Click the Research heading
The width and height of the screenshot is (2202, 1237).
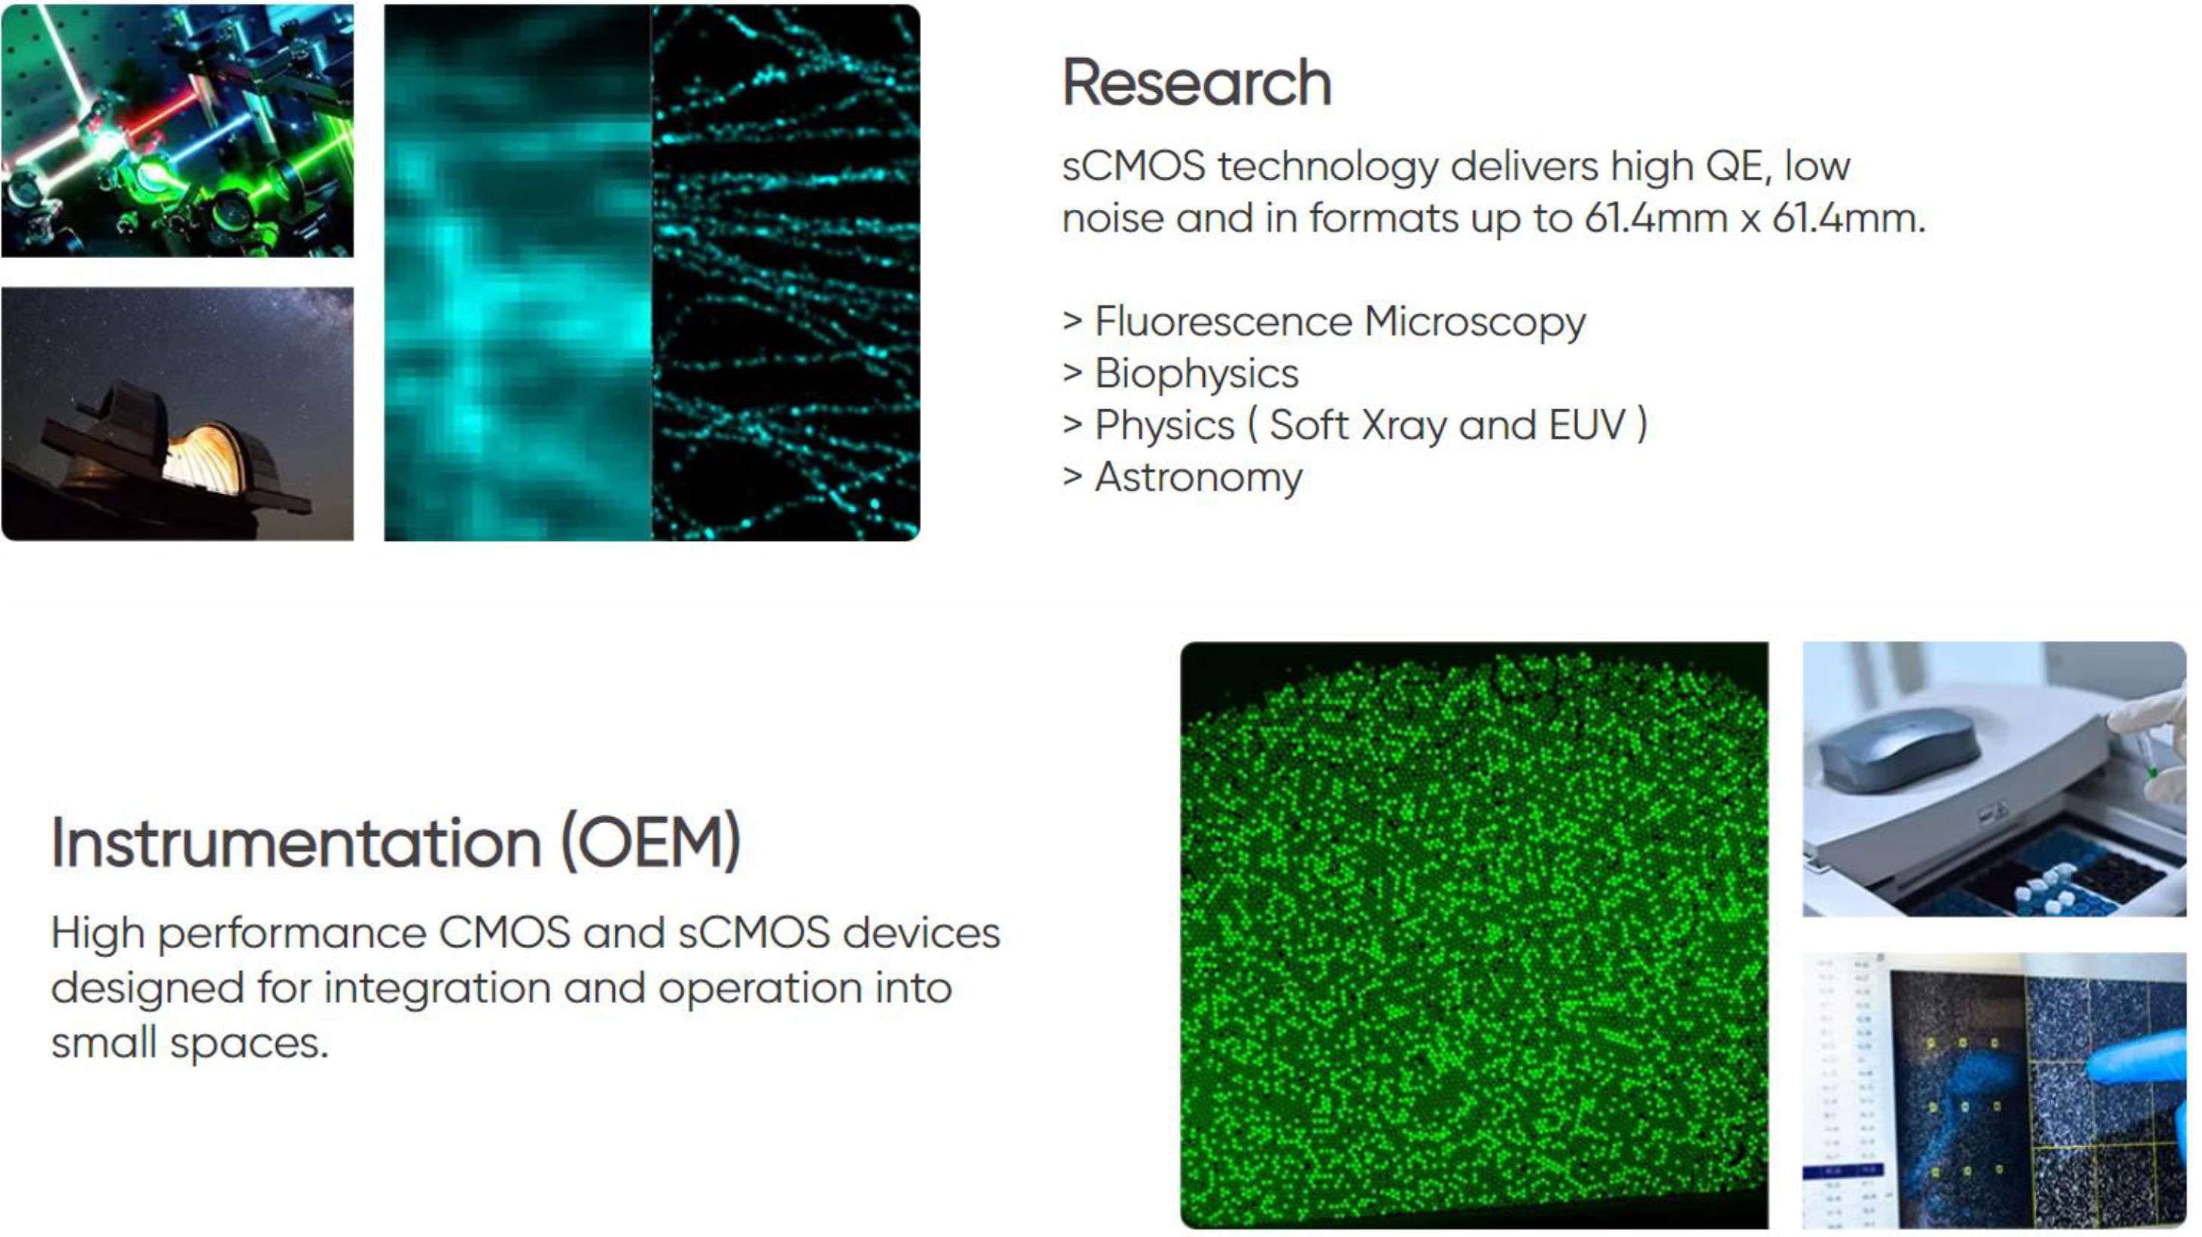1196,83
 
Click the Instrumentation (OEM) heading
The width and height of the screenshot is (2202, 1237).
396,843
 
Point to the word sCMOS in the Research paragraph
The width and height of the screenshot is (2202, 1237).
1133,166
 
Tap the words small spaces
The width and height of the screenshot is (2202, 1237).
190,1043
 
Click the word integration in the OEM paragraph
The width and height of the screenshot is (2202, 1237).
436,989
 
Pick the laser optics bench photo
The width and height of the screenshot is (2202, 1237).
178,131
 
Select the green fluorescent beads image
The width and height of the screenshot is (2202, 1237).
1474,935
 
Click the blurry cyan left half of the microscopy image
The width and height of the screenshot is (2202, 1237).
518,272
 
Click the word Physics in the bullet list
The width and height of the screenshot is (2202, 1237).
1164,426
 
